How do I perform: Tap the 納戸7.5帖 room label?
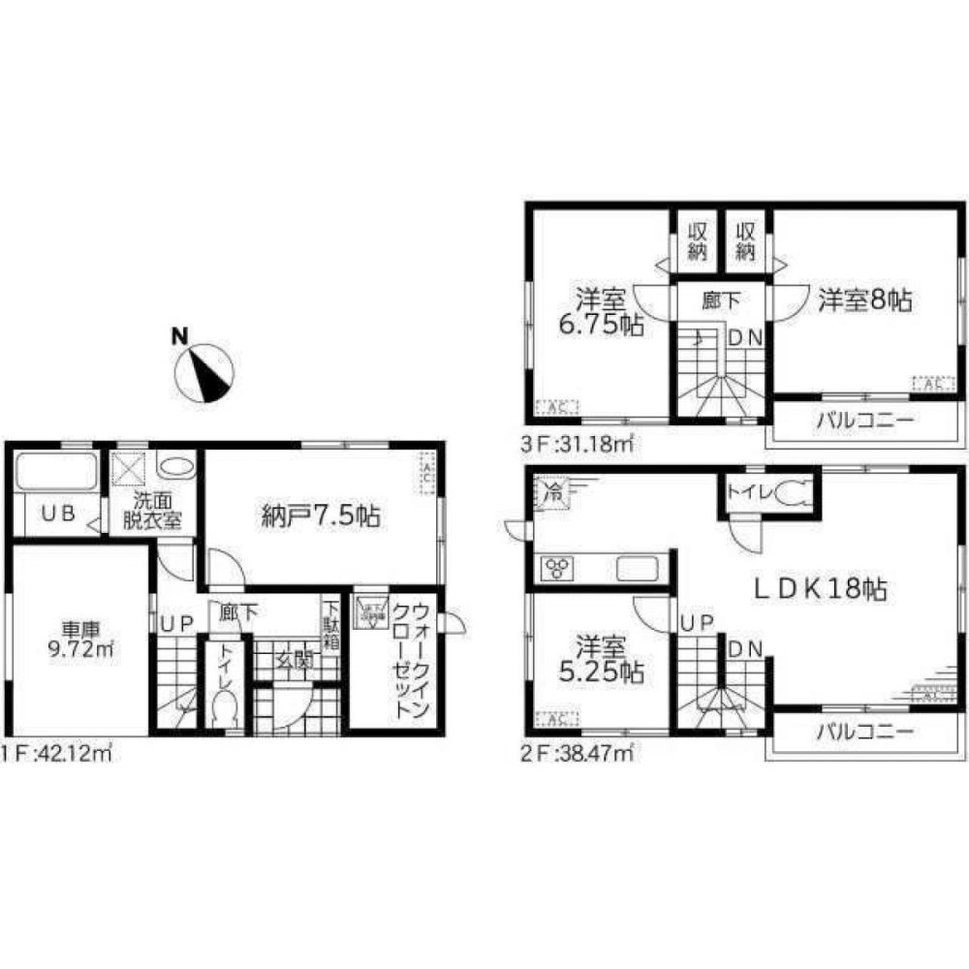point(317,516)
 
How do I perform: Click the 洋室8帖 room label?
point(863,300)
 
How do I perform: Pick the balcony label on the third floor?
point(863,422)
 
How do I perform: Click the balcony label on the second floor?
point(863,733)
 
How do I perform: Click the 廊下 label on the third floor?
point(721,300)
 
